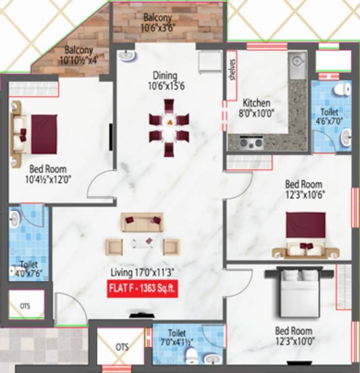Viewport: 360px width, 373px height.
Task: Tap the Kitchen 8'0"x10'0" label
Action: click(x=256, y=107)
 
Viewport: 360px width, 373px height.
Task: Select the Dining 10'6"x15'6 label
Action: click(x=165, y=81)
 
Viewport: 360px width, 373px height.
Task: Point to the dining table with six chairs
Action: click(x=168, y=127)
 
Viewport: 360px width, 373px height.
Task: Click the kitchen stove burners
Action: click(x=252, y=142)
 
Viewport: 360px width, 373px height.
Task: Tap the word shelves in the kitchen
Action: click(x=233, y=71)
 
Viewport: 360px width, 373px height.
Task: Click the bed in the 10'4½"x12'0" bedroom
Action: click(x=37, y=134)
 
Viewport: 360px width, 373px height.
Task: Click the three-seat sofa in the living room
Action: click(x=142, y=222)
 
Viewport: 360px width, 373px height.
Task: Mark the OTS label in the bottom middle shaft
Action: click(x=122, y=347)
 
